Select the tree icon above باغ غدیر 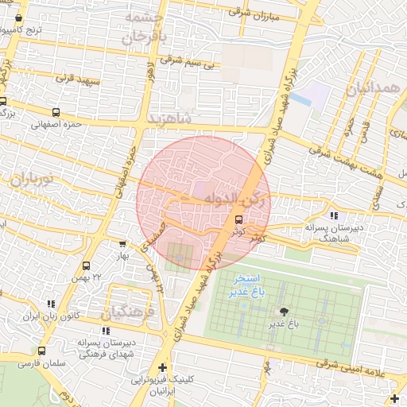[282, 312]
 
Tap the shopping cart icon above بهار [122, 244]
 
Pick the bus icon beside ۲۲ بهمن [86, 266]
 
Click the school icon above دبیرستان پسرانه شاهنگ [333, 215]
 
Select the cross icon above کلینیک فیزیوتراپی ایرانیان [163, 366]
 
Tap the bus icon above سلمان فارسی [41, 351]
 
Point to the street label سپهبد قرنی [75, 79]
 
